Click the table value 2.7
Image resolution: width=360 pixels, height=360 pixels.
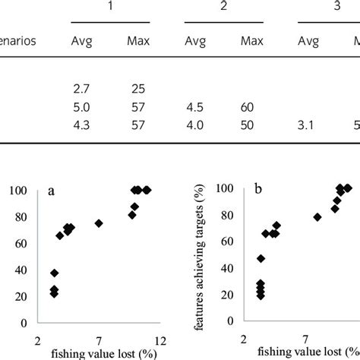pyautogui.click(x=81, y=91)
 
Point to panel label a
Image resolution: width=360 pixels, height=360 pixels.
pyautogui.click(x=52, y=191)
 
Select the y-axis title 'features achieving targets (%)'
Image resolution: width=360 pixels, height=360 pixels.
pyautogui.click(x=201, y=258)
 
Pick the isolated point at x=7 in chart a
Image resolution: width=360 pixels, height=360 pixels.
pyautogui.click(x=99, y=223)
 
